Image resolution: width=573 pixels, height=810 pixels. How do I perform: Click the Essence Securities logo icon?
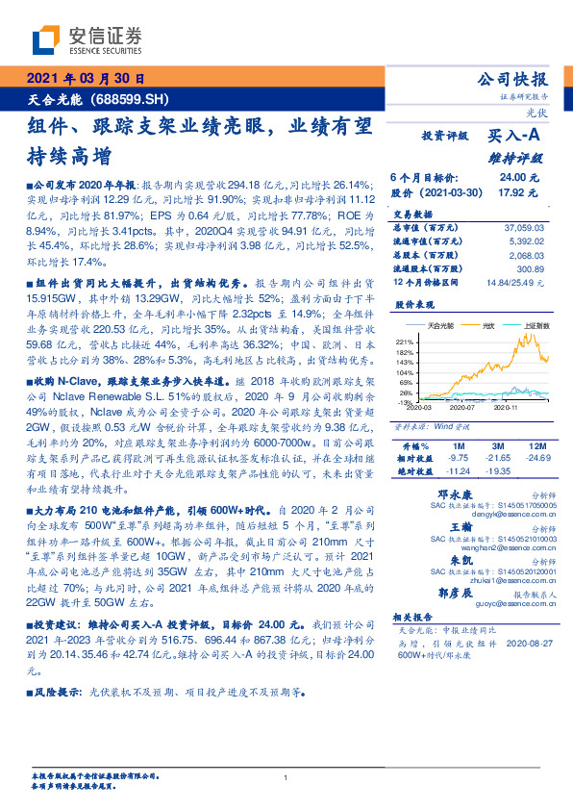47,39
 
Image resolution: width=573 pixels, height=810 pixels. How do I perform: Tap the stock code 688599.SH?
134,99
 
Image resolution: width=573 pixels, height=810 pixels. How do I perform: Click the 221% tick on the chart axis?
404,342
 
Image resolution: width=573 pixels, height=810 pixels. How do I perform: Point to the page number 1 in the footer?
286,778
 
